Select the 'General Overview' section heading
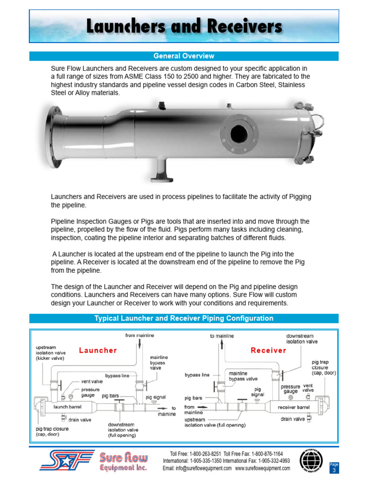click(x=184, y=56)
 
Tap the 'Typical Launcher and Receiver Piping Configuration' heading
click(x=184, y=318)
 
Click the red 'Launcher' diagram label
click(x=98, y=350)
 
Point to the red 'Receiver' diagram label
click(x=268, y=350)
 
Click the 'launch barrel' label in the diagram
click(x=68, y=407)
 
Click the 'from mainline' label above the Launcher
click(x=137, y=335)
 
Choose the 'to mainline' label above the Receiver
click(x=222, y=336)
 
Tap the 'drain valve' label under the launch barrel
click(x=79, y=420)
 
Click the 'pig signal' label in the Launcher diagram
click(x=155, y=397)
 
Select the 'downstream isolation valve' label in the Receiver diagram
click(x=302, y=339)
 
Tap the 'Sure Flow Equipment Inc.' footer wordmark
click(x=123, y=462)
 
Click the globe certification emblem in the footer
click(x=311, y=461)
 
